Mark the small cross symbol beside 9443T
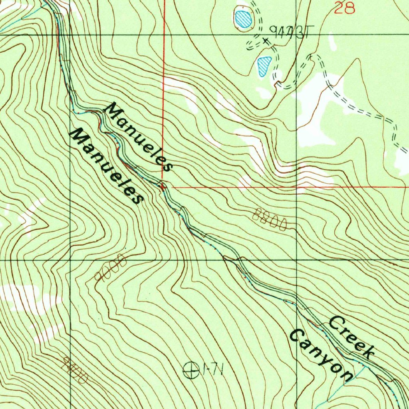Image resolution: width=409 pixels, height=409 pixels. pyautogui.click(x=266, y=40)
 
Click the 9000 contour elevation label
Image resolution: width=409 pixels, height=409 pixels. pyautogui.click(x=111, y=267)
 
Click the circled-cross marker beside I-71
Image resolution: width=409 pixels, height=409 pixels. pyautogui.click(x=191, y=371)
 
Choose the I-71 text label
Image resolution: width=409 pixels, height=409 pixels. pyautogui.click(x=212, y=370)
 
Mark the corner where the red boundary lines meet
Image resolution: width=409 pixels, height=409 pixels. pyautogui.click(x=163, y=186)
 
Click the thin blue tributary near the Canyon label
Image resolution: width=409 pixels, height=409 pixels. pyautogui.click(x=340, y=389)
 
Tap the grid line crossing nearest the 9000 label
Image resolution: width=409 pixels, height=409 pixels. pyautogui.click(x=70, y=260)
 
